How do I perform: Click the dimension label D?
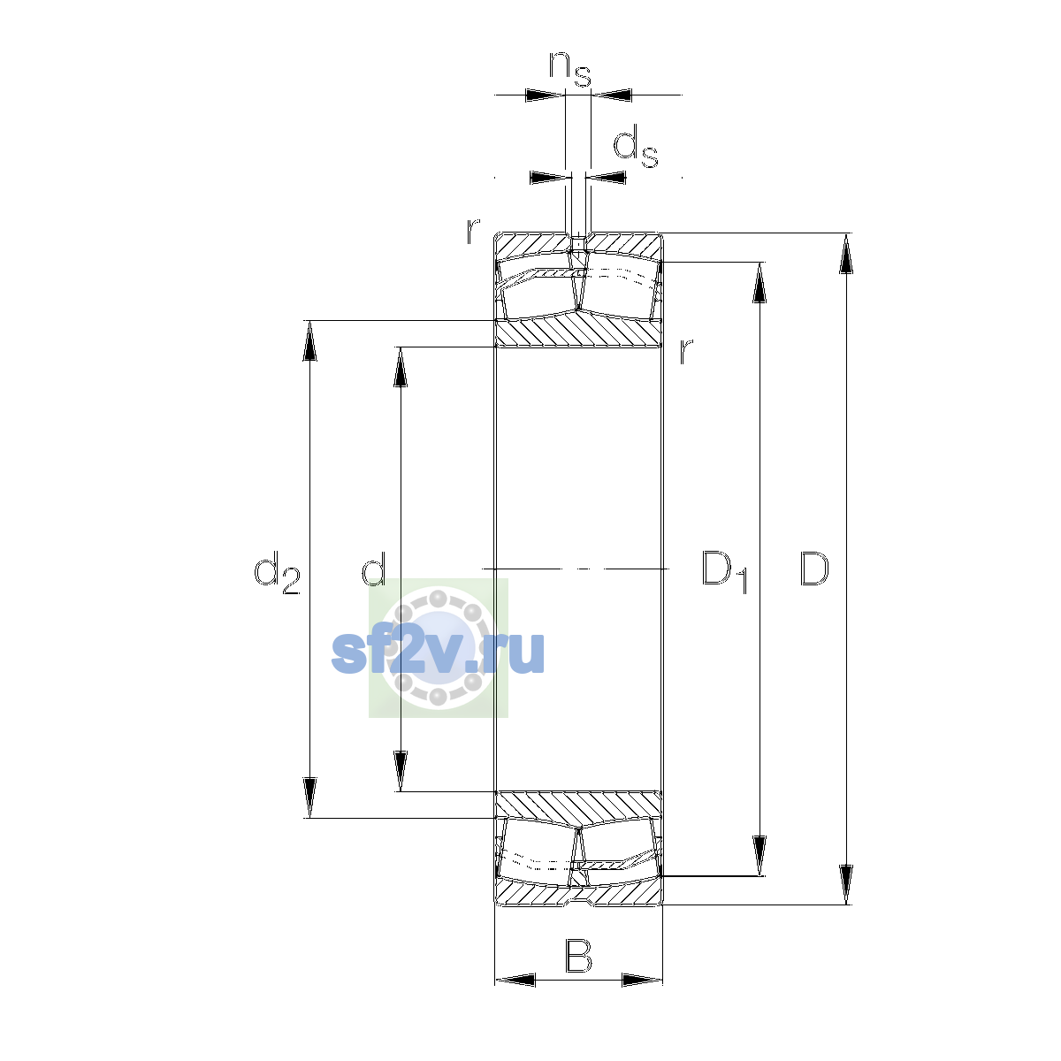coord(813,569)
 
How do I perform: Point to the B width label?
coord(578,957)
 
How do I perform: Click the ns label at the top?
coord(570,69)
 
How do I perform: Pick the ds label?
coord(636,147)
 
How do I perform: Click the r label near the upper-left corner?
coord(473,231)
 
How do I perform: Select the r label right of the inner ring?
coord(685,351)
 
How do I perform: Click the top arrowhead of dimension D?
coord(846,253)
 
